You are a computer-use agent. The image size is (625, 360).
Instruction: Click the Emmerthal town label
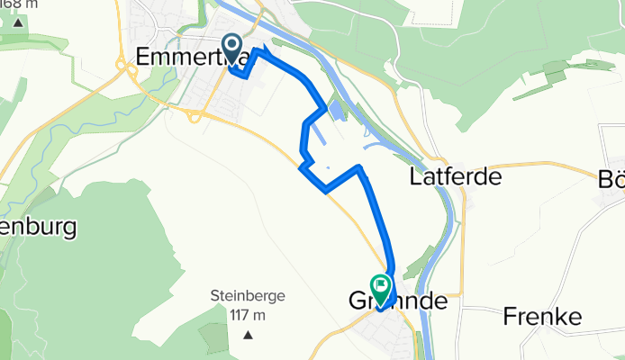(x=180, y=56)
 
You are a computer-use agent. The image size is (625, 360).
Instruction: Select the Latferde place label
(x=455, y=175)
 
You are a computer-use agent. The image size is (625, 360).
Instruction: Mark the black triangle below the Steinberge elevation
(x=247, y=335)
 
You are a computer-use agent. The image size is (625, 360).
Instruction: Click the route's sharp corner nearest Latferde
(x=360, y=167)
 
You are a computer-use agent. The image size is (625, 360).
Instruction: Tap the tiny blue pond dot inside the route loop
(x=329, y=167)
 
